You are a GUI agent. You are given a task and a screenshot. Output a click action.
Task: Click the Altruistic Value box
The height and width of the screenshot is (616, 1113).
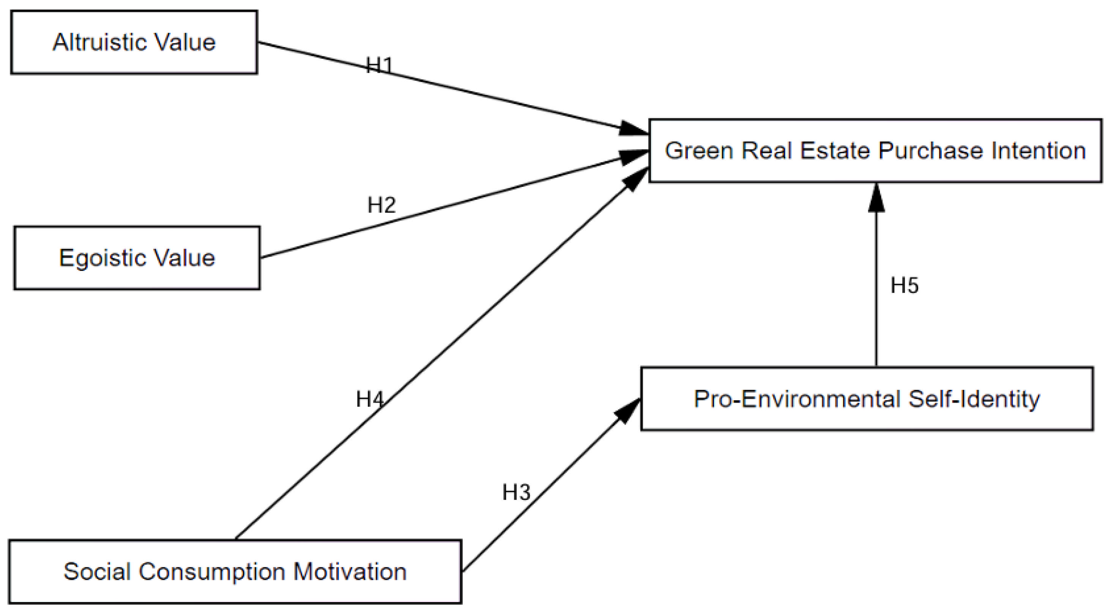tap(134, 43)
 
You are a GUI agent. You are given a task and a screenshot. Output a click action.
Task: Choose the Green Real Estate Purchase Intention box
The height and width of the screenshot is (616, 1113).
tap(875, 150)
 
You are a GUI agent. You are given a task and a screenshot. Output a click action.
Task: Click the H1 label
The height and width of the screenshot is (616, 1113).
tap(379, 65)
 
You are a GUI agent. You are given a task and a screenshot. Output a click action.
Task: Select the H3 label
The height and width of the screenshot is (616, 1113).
tap(516, 492)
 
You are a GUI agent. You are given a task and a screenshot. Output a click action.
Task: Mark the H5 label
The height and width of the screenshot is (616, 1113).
tap(904, 285)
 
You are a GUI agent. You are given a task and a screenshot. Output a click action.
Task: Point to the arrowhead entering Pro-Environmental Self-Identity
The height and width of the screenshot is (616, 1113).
tap(628, 411)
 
